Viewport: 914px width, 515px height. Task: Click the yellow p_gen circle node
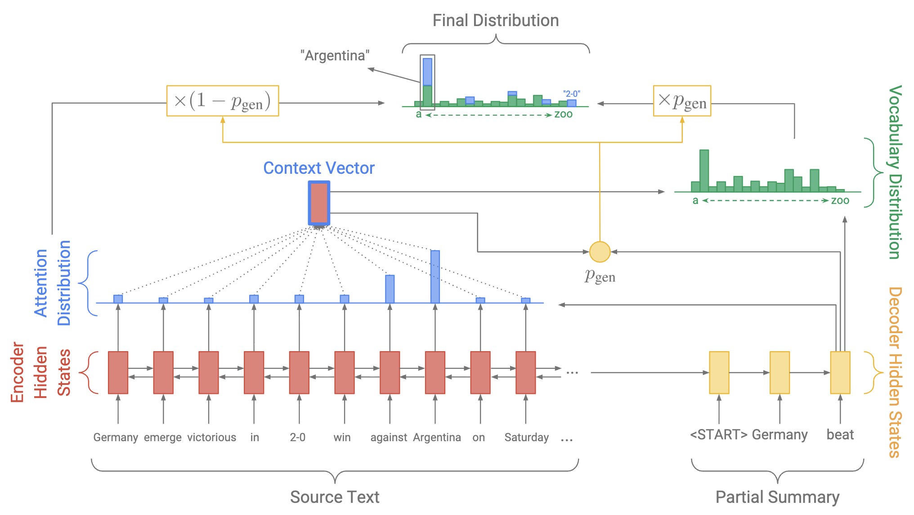600,252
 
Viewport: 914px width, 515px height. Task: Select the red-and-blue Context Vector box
319,203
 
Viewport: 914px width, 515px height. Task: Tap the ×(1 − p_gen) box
223,101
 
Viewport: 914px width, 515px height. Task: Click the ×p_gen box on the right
682,101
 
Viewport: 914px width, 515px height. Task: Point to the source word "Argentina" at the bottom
437,437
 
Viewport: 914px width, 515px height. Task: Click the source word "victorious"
211,437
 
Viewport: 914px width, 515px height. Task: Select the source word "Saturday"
526,437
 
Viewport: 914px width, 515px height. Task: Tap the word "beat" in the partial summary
840,434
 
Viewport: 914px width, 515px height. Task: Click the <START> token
718,434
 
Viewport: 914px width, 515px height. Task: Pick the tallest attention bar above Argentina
435,276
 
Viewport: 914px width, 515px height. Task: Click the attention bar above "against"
390,289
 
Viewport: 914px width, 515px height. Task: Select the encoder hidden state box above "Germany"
118,372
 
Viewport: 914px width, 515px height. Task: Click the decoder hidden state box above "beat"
840,372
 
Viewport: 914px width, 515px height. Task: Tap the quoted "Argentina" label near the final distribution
335,55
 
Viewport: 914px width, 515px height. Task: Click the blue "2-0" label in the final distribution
572,94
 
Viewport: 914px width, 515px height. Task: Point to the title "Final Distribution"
496,20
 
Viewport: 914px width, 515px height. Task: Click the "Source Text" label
335,497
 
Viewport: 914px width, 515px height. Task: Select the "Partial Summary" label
777,497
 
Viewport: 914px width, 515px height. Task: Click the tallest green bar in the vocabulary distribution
704,171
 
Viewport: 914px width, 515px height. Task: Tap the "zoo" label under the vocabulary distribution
840,200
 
